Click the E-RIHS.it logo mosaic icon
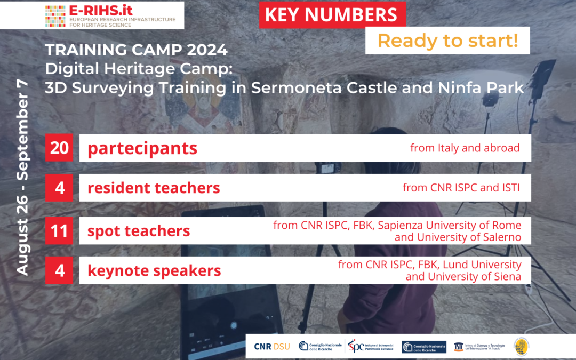[55, 16]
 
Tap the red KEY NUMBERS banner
[331, 14]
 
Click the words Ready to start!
[447, 41]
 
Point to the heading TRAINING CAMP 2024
[136, 50]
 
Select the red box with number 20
[59, 148]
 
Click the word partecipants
[142, 148]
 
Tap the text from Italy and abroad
[465, 148]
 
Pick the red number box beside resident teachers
[59, 188]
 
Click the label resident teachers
[154, 188]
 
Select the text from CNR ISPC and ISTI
[461, 188]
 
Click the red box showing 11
[59, 231]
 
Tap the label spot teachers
[139, 231]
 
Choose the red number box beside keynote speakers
[59, 270]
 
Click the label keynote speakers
[154, 270]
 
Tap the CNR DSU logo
[272, 347]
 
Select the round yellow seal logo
[522, 347]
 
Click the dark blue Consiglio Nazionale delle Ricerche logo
[424, 347]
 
